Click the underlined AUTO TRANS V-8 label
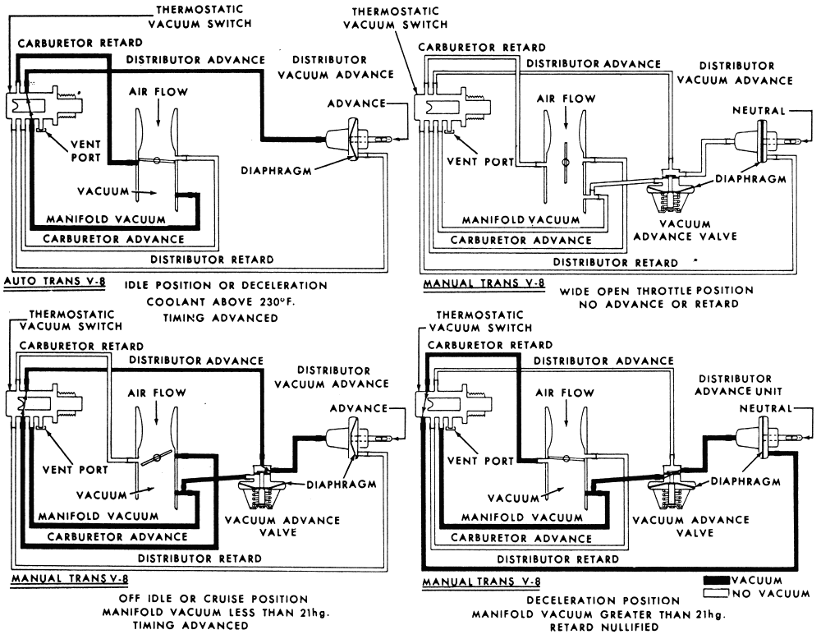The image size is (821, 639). coord(54,281)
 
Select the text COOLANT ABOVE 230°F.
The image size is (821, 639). coord(220,301)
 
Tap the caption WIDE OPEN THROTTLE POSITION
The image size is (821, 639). coord(657,291)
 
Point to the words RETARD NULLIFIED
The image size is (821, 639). coord(604,627)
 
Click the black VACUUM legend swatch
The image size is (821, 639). coord(716,581)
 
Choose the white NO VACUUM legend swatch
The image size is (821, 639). coord(716,594)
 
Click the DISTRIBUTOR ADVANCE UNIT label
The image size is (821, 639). coord(738,385)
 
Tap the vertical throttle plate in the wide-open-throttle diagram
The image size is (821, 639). coord(565,163)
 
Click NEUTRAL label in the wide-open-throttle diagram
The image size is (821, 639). coord(759,111)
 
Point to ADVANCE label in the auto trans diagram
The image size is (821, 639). coord(356,103)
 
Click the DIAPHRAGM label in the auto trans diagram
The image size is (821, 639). coord(276,171)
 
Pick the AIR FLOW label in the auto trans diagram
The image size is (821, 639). coord(158,92)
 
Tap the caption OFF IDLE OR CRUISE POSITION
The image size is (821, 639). coord(213,599)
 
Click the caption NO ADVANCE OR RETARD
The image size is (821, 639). coord(658,305)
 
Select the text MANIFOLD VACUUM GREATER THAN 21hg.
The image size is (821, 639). coord(599,614)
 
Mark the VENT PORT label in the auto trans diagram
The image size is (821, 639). coord(86,149)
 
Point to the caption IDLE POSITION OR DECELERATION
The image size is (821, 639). coord(226,286)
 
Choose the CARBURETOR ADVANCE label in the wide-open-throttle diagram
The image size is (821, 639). coord(521,240)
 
